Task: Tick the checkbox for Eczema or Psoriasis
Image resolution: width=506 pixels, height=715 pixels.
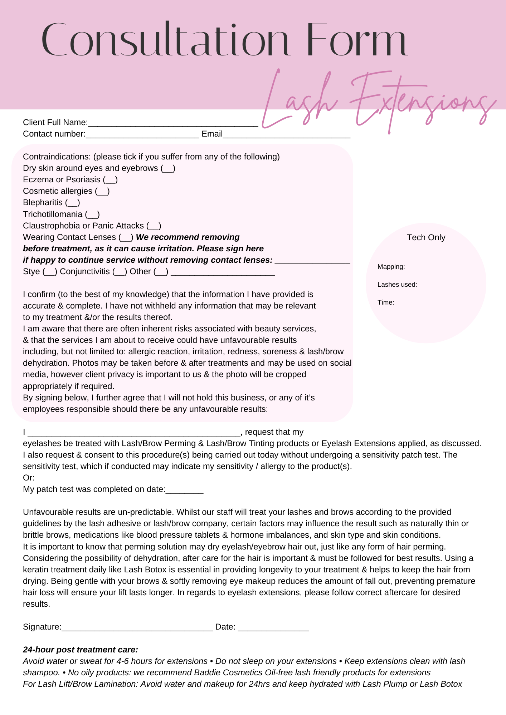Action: coord(110,180)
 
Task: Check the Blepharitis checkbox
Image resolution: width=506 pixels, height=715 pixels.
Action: coord(73,203)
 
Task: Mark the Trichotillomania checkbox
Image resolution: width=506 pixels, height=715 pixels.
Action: coord(92,214)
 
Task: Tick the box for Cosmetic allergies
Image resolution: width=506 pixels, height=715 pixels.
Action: coord(102,191)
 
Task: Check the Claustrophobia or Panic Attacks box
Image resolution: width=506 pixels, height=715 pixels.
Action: coord(154,226)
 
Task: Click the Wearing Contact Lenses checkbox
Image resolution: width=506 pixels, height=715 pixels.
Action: coord(126,237)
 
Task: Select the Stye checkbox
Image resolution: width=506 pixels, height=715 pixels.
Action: coord(50,272)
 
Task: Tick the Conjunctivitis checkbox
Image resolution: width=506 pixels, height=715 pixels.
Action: coord(120,272)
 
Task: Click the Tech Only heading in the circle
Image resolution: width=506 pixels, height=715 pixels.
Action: coord(426,237)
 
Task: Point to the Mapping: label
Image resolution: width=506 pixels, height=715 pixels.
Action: coord(391,267)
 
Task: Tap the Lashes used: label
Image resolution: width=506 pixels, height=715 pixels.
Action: coord(397,285)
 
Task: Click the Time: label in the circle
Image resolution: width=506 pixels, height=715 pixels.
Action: coord(386,302)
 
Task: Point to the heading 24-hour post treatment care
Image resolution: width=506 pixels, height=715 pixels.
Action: coord(81,650)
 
